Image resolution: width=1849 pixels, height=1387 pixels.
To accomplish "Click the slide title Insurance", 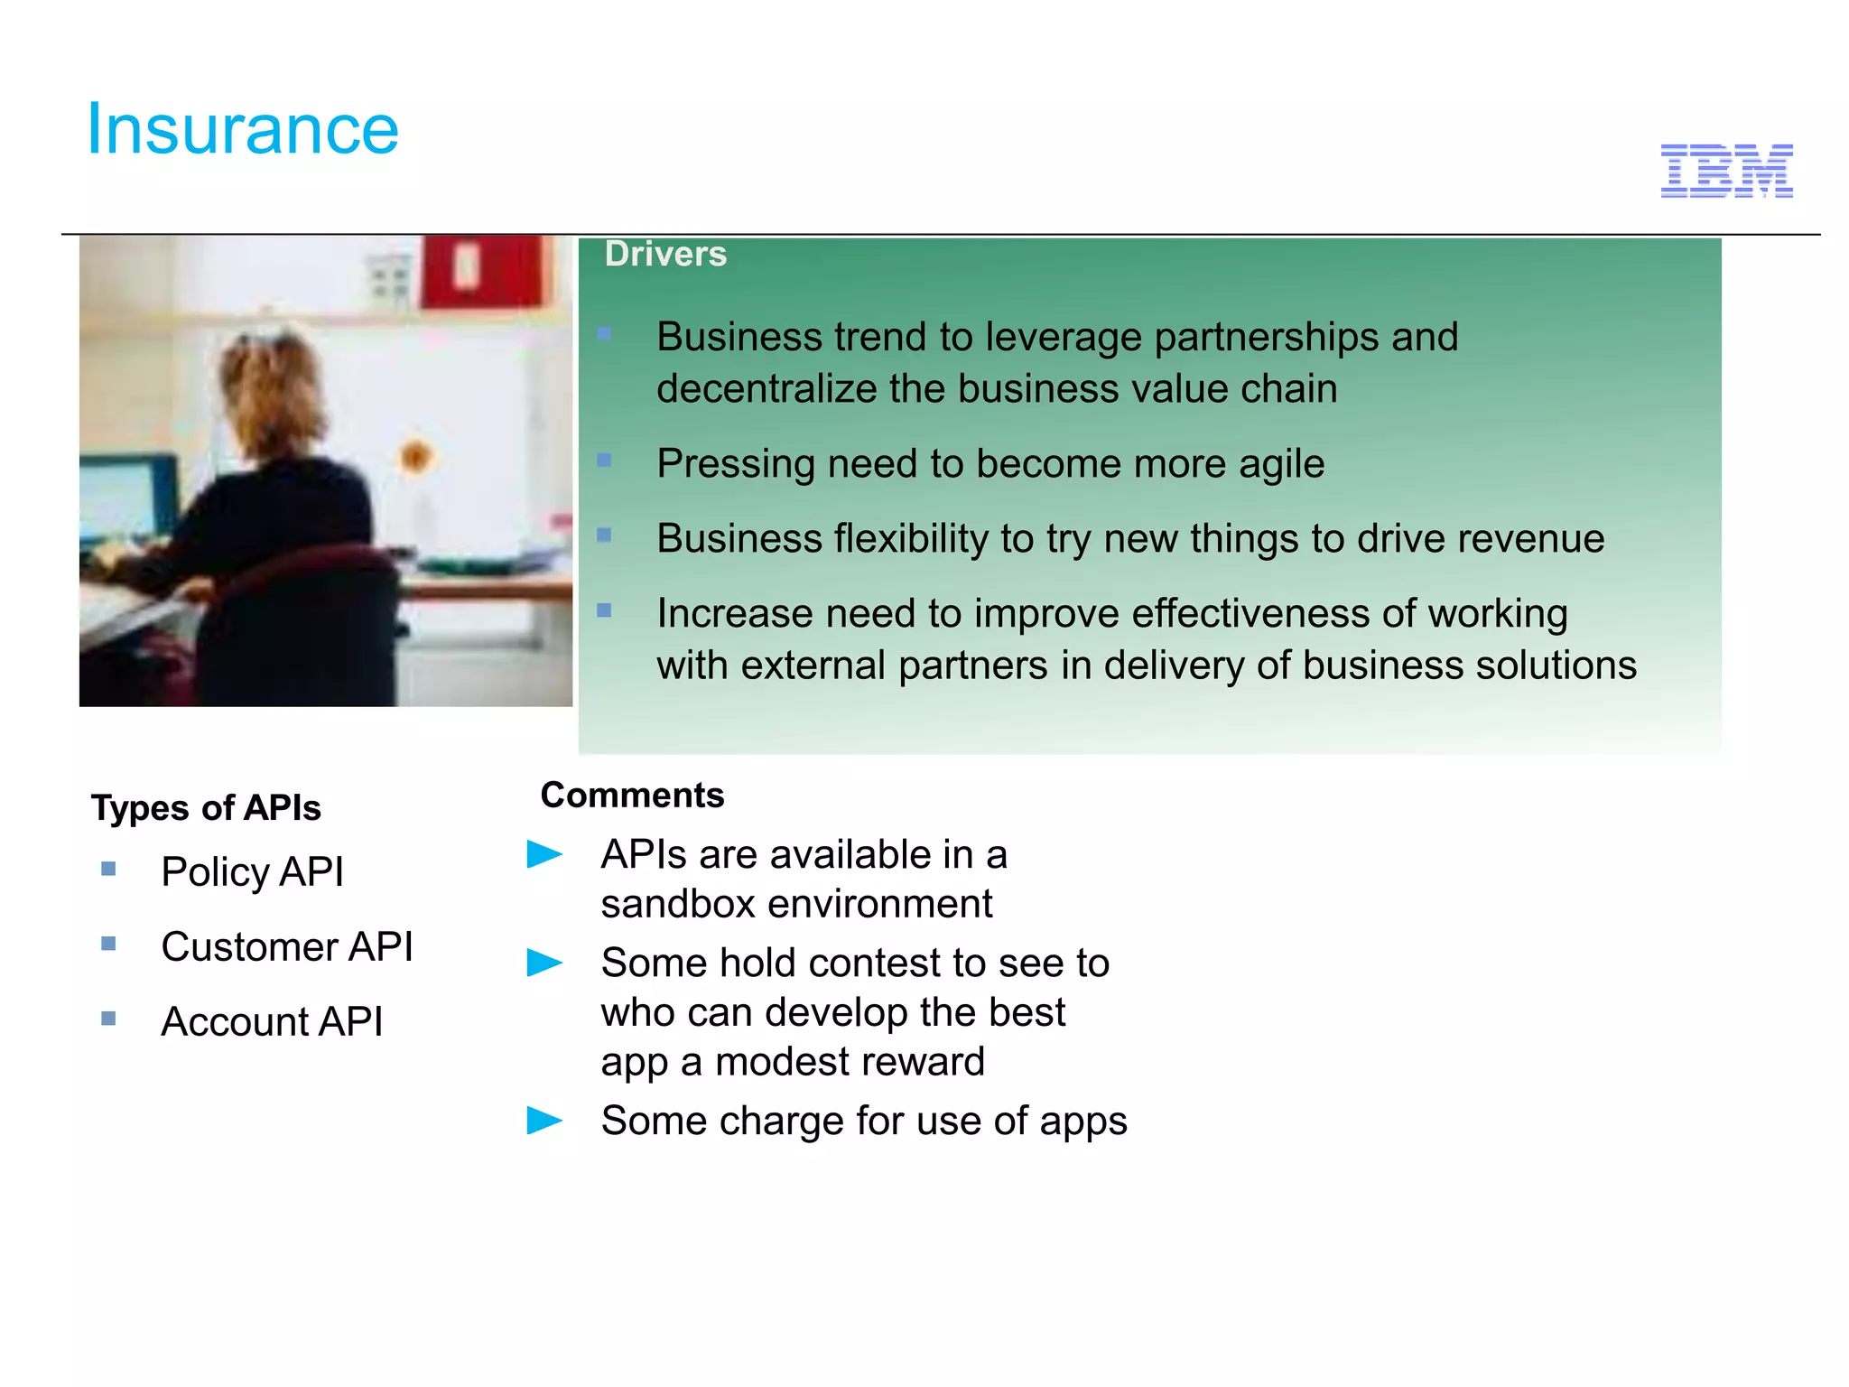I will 242,129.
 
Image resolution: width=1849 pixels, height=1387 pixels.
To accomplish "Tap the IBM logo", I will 1726,171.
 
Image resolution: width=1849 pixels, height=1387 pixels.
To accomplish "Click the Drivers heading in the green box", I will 665,255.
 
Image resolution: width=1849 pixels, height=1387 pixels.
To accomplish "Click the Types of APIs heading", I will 206,807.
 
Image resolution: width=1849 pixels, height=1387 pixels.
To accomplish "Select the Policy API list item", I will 252,871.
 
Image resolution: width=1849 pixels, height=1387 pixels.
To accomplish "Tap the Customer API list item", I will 286,946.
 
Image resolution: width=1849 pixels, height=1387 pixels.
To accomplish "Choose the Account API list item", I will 272,1021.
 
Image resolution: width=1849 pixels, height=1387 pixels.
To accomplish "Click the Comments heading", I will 632,796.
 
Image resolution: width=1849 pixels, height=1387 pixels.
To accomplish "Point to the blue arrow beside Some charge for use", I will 544,1121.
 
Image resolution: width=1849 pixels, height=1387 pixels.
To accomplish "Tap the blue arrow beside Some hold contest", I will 544,963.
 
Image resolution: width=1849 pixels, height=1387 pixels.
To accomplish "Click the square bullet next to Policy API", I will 108,870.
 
